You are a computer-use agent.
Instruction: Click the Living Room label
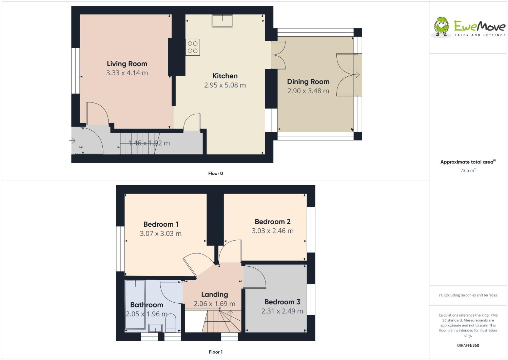pyautogui.click(x=127, y=64)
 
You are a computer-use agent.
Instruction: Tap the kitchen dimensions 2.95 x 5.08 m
pyautogui.click(x=225, y=85)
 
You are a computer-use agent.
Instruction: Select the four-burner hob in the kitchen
pyautogui.click(x=193, y=47)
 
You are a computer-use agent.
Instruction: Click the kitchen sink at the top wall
pyautogui.click(x=222, y=21)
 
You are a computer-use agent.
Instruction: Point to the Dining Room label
pyautogui.click(x=308, y=82)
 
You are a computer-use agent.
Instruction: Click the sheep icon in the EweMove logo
pyautogui.click(x=442, y=26)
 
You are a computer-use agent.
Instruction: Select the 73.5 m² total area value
pyautogui.click(x=468, y=171)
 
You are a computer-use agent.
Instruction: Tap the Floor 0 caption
pyautogui.click(x=215, y=174)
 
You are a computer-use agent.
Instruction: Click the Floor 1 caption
pyautogui.click(x=215, y=352)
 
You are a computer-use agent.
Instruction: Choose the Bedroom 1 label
pyautogui.click(x=161, y=224)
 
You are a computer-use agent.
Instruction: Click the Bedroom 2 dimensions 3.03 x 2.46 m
pyautogui.click(x=272, y=231)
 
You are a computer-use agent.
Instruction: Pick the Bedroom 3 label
pyautogui.click(x=282, y=302)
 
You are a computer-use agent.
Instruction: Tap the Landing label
pyautogui.click(x=214, y=295)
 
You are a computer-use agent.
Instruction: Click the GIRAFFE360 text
pyautogui.click(x=468, y=346)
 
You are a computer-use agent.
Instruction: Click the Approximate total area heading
pyautogui.click(x=468, y=162)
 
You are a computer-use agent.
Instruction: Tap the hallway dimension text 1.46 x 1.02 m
pyautogui.click(x=149, y=143)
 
